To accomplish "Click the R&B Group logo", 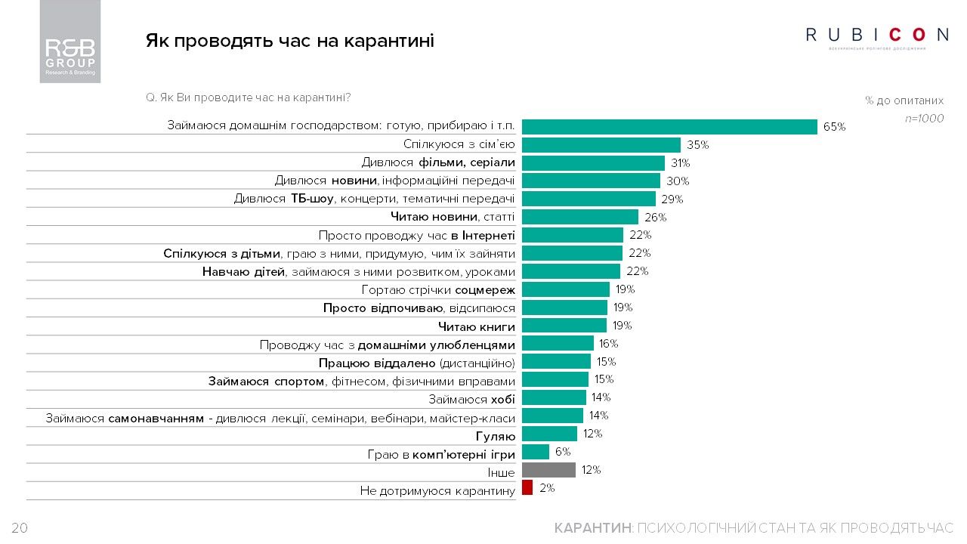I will tap(70, 52).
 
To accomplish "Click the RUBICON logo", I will tap(877, 36).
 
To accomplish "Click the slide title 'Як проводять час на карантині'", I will tap(289, 41).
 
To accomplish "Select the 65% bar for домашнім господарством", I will tap(669, 127).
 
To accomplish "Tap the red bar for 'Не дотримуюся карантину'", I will tap(527, 488).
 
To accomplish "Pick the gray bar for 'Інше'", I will tap(548, 470).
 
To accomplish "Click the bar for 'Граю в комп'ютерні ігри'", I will tap(536, 452).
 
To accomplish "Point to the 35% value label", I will tap(697, 145).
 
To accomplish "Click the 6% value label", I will tap(563, 452).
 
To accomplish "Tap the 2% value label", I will tap(547, 488).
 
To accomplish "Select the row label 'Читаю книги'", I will tap(477, 326).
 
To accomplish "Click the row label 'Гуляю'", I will tap(496, 436).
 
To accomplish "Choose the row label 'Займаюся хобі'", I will tap(471, 398).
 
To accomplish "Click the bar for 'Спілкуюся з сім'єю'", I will tap(601, 145).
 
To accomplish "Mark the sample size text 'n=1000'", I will tap(924, 119).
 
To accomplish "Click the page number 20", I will tap(20, 528).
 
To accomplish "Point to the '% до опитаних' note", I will tap(904, 100).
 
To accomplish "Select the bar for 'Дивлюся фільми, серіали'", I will tap(593, 163).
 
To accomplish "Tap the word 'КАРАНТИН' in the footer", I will tap(593, 528).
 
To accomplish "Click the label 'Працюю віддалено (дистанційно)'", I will tap(416, 363).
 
